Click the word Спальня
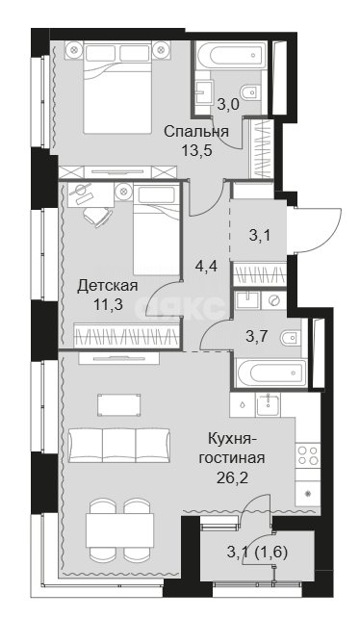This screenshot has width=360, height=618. [195, 132]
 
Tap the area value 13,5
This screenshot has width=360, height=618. [195, 149]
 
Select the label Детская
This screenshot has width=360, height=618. [107, 286]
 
